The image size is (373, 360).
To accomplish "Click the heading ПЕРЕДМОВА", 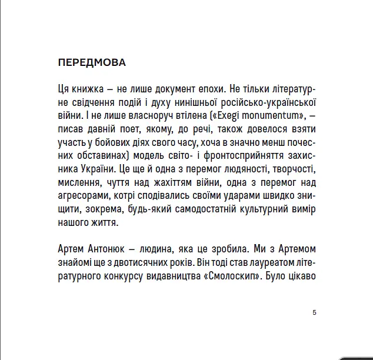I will pos(92,62).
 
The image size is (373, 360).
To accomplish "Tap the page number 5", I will pos(315,312).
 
